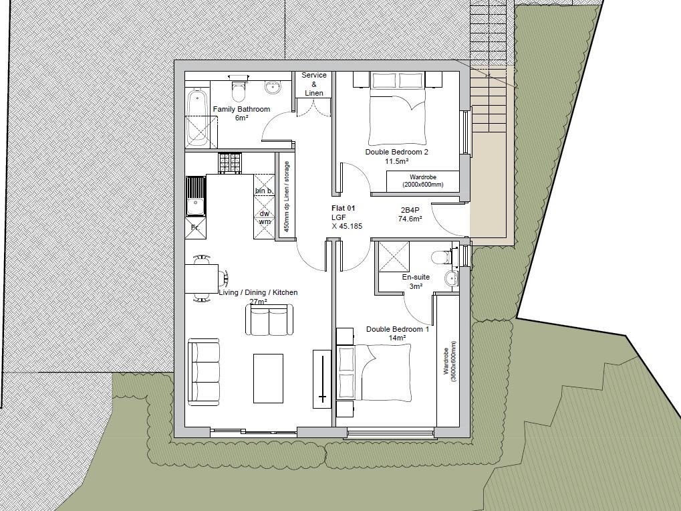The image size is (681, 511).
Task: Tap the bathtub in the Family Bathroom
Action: coord(196,117)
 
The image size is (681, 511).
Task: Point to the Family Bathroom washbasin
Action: coord(272,87)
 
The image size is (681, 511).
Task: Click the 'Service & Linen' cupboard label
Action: coord(314,84)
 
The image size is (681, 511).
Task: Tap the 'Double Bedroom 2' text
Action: coord(396,152)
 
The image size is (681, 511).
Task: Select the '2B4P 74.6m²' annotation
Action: coord(410,214)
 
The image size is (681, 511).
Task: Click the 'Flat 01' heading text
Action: coord(344,209)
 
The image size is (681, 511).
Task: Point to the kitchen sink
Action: coord(196,196)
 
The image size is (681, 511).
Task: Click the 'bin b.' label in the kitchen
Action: coord(264,191)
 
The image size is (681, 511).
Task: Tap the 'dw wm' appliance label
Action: coord(265,217)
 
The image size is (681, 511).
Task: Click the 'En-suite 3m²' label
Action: coord(416,282)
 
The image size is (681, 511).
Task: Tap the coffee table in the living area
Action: coord(268,379)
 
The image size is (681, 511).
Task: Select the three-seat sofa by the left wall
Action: coord(204,372)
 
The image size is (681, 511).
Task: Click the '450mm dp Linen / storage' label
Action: coord(286,197)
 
